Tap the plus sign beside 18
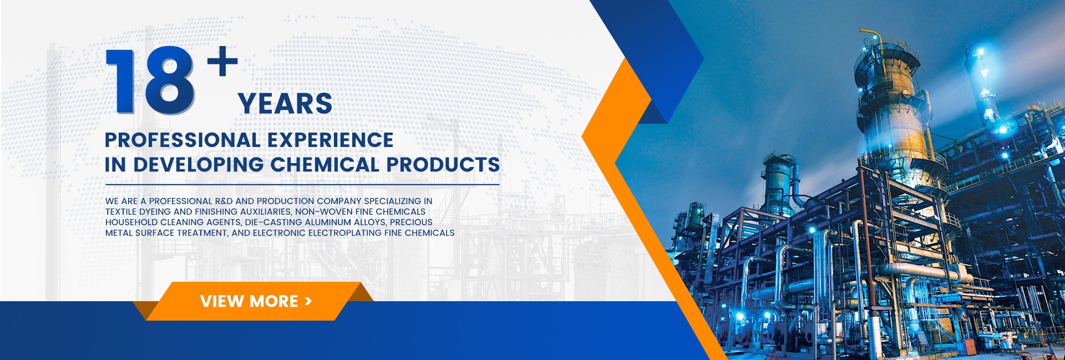coord(223,60)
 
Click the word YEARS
coord(285,104)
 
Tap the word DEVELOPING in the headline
coord(198,165)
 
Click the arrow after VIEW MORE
coord(308,301)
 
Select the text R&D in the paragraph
coord(224,201)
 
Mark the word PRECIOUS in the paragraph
coord(411,222)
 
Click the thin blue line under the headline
coord(302,185)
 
